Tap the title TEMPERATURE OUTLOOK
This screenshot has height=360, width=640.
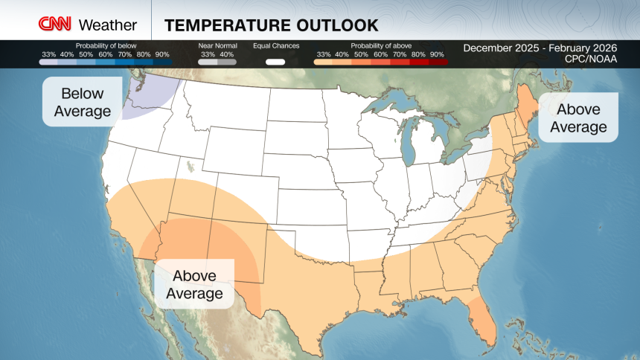271,25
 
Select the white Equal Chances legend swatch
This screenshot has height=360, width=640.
275,62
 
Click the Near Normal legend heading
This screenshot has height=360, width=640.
217,46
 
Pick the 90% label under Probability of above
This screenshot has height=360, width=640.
437,54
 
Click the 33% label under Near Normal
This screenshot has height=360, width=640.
208,54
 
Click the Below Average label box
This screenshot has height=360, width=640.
83,103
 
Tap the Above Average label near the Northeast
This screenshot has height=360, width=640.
578,118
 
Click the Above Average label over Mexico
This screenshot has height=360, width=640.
194,284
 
